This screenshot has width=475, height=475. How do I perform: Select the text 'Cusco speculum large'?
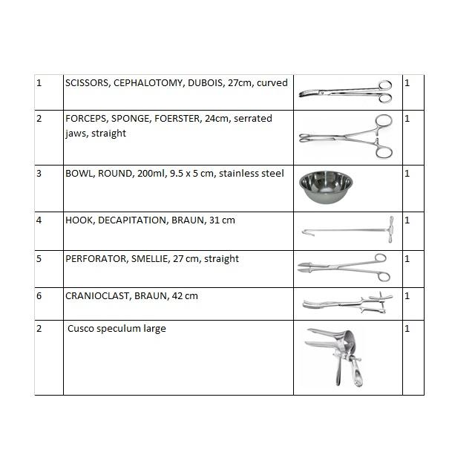pos(117,329)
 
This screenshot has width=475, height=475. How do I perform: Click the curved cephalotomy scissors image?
pos(346,91)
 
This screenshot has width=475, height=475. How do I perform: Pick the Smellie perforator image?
pos(346,268)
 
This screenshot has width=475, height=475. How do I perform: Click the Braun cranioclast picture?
pos(346,303)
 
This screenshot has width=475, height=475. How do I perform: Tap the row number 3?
pos(39,174)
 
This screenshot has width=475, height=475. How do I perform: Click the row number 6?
pos(39,296)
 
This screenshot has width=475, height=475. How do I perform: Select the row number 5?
pos(39,259)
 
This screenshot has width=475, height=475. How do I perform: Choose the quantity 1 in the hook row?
pos(407,220)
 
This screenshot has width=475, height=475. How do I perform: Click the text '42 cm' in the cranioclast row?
pos(186,296)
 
